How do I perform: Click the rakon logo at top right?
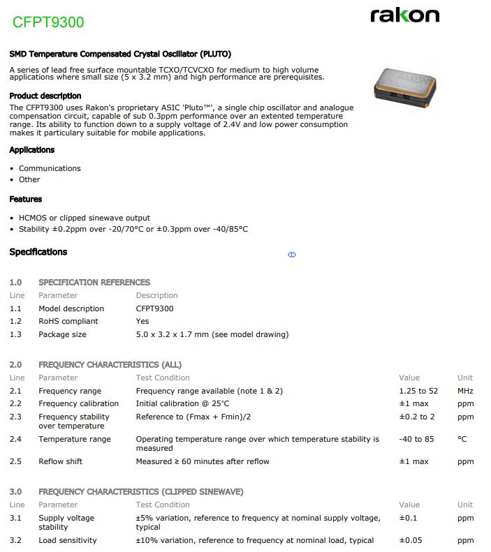coord(404,15)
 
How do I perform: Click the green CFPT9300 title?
coord(48,22)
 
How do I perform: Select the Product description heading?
coord(45,96)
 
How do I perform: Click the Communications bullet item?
coord(50,168)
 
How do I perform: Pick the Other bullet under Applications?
coord(29,179)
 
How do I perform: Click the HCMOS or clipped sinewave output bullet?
coord(85,218)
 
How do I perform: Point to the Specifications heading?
coord(38,252)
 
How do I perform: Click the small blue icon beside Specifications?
coord(292,255)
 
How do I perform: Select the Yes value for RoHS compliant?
coord(142,321)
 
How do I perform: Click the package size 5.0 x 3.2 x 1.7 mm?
coord(212,334)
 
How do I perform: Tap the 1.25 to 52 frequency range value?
coord(418,391)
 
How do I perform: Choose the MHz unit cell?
coord(465,391)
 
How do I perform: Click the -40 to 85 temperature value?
coord(416,439)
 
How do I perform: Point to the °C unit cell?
coord(462,439)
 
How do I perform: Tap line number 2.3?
coord(15,417)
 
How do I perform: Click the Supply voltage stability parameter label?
coord(66,522)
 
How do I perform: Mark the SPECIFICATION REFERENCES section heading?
coord(94,282)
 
